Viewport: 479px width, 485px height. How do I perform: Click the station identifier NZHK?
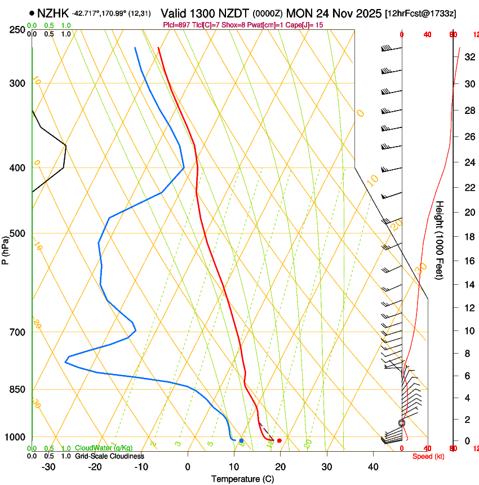click(x=53, y=12)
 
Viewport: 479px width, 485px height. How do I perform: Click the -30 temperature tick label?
click(x=48, y=467)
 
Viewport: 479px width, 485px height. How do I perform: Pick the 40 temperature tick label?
click(x=373, y=467)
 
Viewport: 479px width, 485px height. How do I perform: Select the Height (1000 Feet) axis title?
click(x=440, y=240)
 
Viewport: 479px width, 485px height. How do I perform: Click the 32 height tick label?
click(x=468, y=57)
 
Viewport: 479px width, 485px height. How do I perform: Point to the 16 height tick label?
click(x=468, y=261)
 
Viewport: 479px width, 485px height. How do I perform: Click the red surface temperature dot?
click(x=280, y=440)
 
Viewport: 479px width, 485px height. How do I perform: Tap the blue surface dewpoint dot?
click(x=241, y=440)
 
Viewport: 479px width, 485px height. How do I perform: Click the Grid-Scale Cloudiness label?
click(x=110, y=456)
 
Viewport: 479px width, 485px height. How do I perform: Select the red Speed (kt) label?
click(x=428, y=456)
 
